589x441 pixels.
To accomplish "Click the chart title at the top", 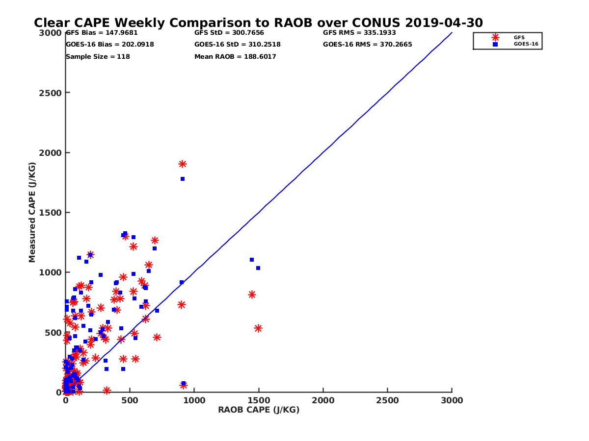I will (258, 23).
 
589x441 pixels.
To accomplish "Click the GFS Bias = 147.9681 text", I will (102, 33).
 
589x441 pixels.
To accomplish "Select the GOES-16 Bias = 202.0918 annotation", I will (109, 45).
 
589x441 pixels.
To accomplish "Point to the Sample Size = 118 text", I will (98, 57).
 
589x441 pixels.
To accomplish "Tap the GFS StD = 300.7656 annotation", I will (229, 33).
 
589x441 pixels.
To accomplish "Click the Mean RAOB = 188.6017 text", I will (235, 57).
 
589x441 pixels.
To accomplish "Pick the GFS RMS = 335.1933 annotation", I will (359, 33).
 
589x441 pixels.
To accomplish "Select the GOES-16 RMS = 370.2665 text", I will (368, 45).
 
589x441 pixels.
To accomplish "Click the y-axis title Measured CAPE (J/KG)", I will (32, 212).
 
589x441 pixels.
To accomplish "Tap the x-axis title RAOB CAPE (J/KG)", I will (259, 410).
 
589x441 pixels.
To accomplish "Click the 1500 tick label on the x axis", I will (259, 400).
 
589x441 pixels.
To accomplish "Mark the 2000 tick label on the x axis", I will (323, 400).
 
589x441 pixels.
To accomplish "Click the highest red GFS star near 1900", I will (183, 164).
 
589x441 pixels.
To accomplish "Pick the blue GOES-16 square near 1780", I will (183, 179).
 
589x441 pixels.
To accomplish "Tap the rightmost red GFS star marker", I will (258, 328).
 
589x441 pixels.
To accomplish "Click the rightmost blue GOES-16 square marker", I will (258, 268).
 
